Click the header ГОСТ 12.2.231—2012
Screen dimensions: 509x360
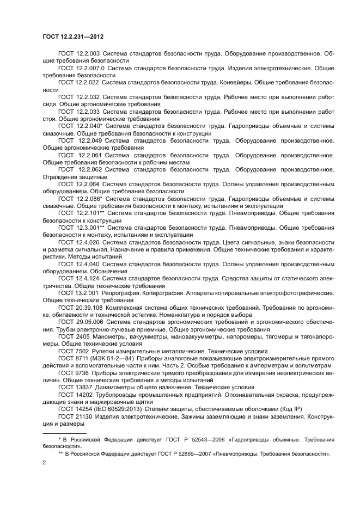[72, 36]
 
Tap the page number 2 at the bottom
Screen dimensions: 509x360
[44, 462]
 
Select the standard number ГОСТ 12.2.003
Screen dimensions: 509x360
[78, 54]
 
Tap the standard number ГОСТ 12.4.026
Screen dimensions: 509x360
[78, 242]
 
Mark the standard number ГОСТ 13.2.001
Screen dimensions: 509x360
[78, 292]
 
